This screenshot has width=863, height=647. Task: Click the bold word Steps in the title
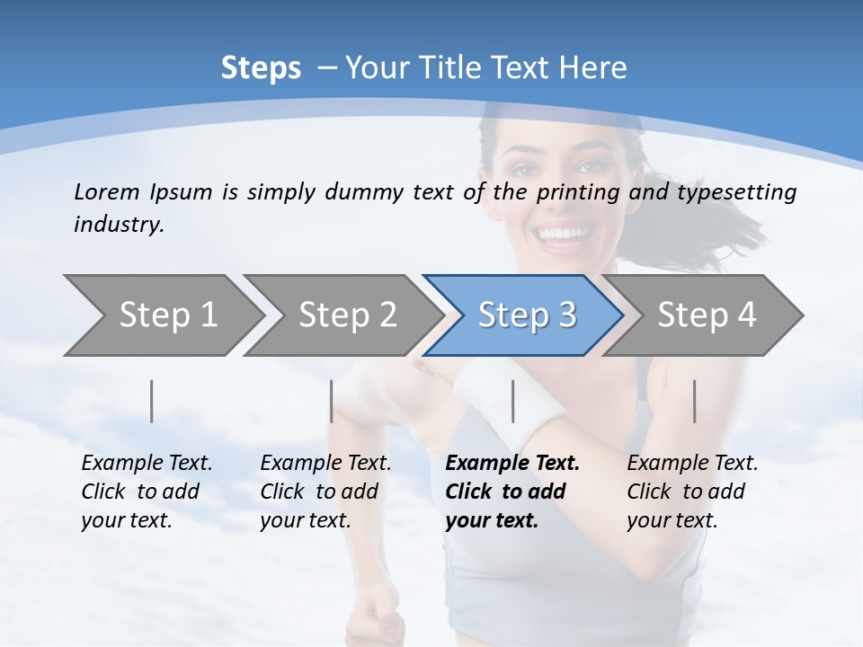(x=261, y=67)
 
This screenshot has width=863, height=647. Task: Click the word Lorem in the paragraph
(x=106, y=191)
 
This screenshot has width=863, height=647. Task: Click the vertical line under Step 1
(x=151, y=401)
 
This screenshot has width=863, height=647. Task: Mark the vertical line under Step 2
(x=331, y=401)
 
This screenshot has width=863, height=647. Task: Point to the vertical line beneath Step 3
(x=512, y=401)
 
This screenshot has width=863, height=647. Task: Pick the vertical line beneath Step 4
(x=694, y=401)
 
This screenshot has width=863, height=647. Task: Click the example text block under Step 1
(x=147, y=492)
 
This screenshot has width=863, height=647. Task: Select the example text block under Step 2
(x=325, y=492)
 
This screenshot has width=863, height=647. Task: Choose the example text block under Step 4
(x=692, y=492)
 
